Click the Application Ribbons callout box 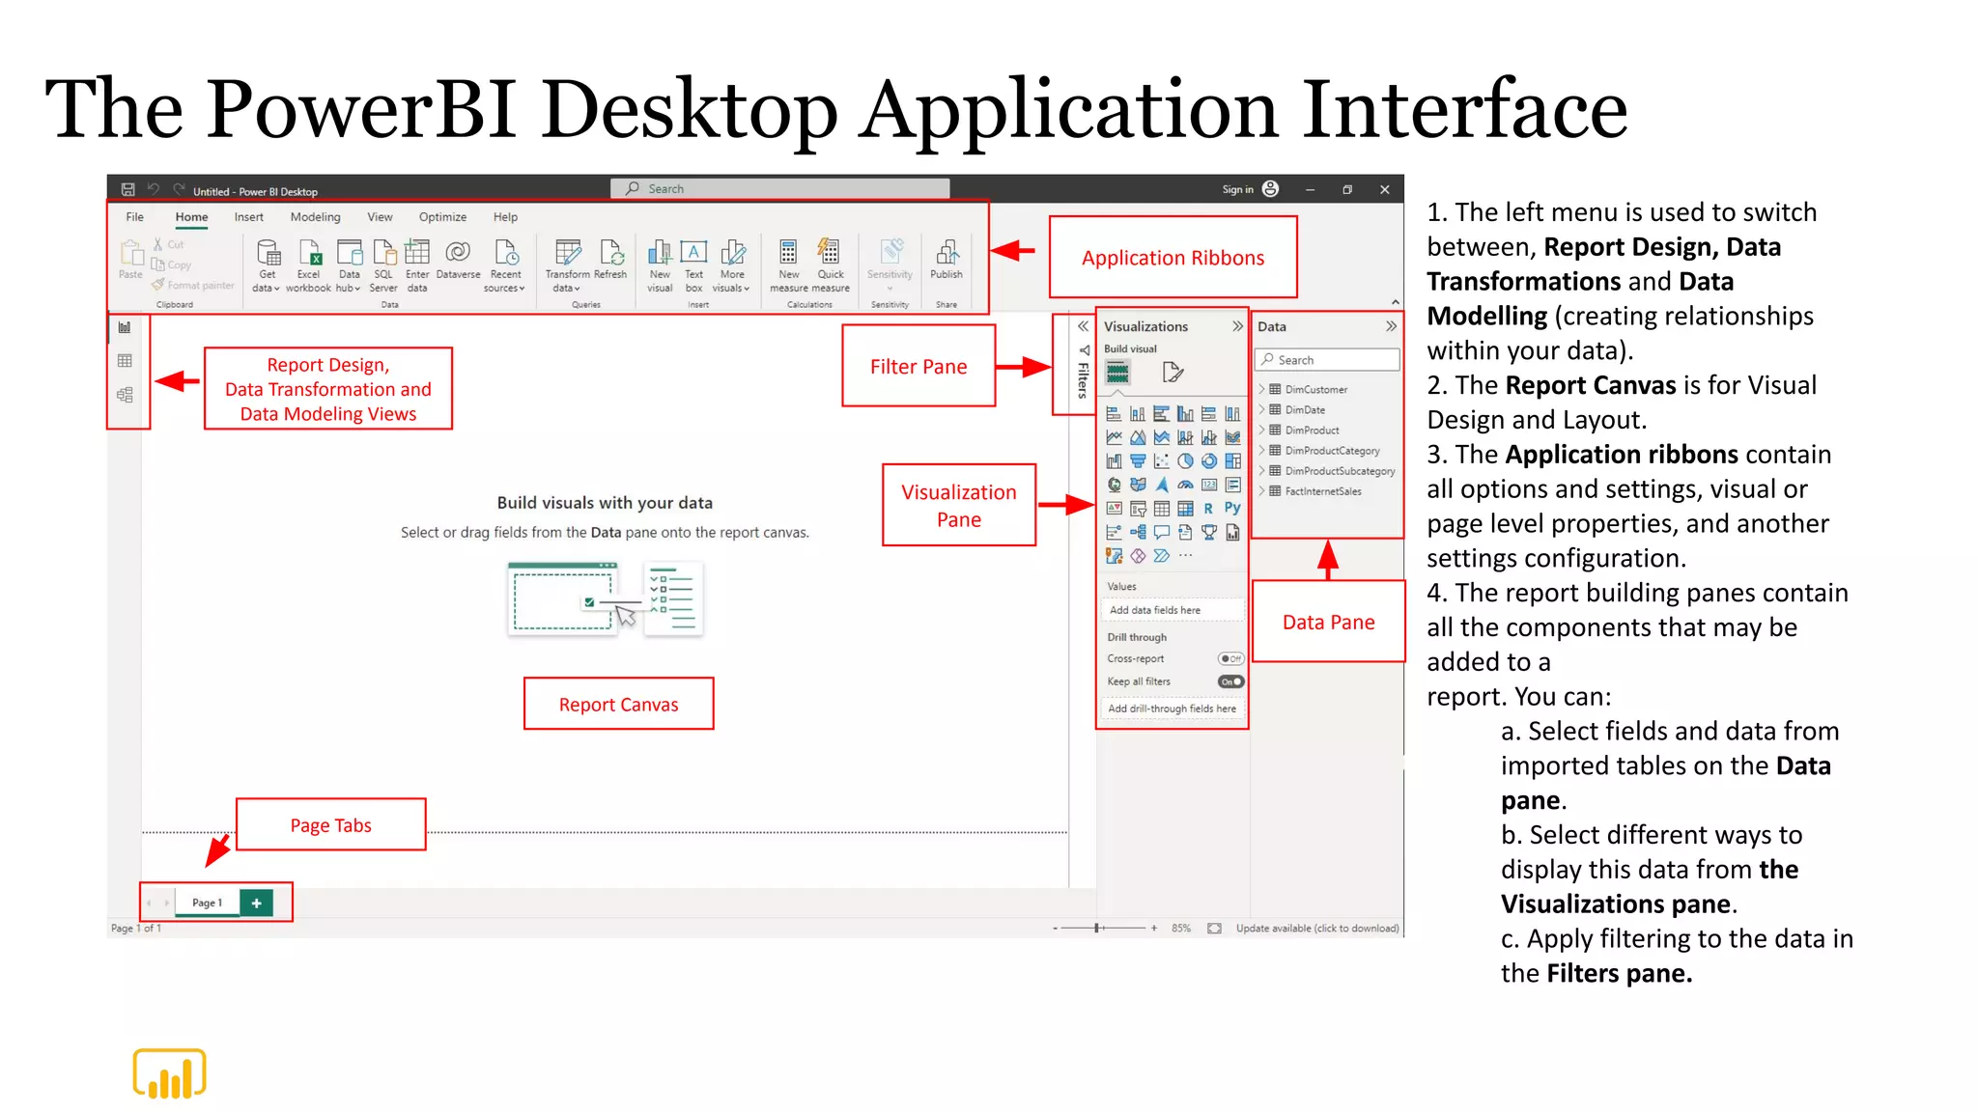tap(1173, 257)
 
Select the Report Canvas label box tap(618, 704)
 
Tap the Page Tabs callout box tap(330, 824)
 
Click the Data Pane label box tap(1328, 622)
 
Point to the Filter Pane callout tap(918, 366)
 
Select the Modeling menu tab tap(315, 217)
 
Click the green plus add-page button tap(256, 903)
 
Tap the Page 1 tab tap(207, 903)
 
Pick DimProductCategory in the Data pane tap(1332, 451)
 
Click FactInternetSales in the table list tap(1322, 491)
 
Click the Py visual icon tap(1232, 508)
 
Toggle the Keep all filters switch tap(1230, 681)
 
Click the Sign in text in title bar tap(1237, 190)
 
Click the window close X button tap(1384, 190)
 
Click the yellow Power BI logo tap(169, 1073)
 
